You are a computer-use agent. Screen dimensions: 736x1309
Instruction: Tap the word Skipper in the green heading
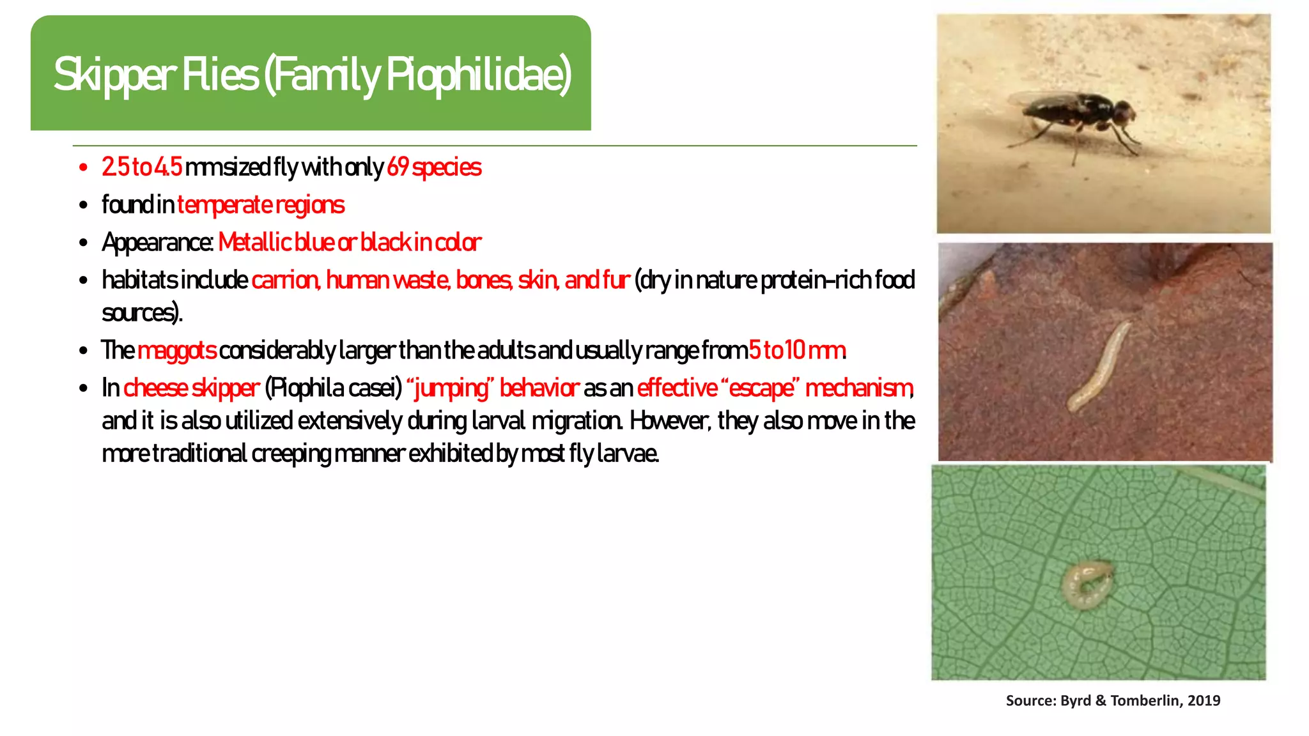(x=114, y=75)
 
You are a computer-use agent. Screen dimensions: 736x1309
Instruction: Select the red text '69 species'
(x=434, y=167)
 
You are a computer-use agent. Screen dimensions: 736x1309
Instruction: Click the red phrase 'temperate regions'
(x=261, y=205)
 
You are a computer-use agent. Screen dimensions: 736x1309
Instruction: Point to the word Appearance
(x=157, y=243)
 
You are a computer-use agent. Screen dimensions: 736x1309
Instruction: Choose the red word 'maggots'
(x=177, y=351)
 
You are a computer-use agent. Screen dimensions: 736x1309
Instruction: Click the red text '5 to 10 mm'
(x=797, y=351)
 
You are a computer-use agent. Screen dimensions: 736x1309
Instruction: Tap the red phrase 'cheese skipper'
(x=191, y=388)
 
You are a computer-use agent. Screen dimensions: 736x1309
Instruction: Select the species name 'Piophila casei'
(x=333, y=388)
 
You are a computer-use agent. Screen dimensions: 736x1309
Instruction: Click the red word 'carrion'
(x=285, y=280)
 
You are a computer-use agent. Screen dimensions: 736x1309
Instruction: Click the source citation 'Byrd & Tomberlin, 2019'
(x=1140, y=701)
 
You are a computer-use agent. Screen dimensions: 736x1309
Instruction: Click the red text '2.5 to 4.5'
(x=142, y=167)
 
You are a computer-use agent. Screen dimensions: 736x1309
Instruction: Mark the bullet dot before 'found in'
(x=83, y=206)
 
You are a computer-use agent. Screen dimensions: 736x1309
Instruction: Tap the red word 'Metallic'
(x=254, y=243)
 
